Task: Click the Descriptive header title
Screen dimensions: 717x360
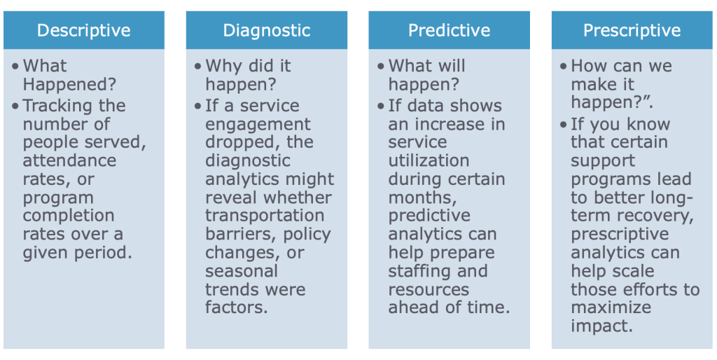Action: coord(84,31)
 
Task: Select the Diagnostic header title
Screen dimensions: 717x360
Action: coord(267,31)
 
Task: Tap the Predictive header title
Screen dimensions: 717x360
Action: coord(449,31)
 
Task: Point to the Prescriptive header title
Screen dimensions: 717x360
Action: coord(632,31)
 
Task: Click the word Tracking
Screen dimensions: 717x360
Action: coord(57,106)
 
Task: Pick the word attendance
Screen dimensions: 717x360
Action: coord(69,160)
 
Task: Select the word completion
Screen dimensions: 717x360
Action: coord(69,216)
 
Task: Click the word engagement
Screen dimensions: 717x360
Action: coord(258,125)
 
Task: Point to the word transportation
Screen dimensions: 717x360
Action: coord(265,216)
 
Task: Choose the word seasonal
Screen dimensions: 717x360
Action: coord(242,271)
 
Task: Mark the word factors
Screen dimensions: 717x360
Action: coord(237,307)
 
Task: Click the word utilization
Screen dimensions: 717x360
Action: coord(429,160)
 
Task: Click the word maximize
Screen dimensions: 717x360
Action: coord(611,307)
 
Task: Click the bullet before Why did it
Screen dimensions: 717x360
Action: coord(197,67)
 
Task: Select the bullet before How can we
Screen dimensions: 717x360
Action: coord(564,67)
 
